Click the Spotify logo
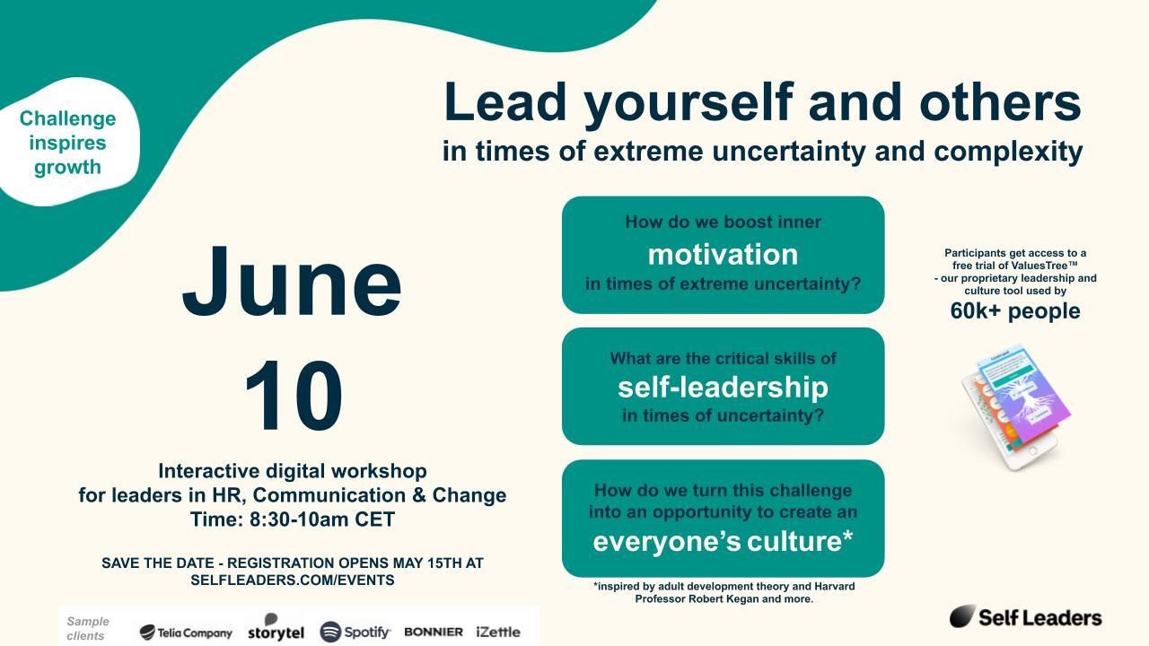(x=355, y=632)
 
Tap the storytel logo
(x=276, y=627)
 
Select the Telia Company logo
(x=186, y=633)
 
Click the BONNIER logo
(x=434, y=633)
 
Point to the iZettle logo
(x=498, y=633)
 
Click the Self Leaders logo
(x=1025, y=616)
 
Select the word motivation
(x=723, y=254)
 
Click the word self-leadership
(x=723, y=388)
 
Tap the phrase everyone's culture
(x=723, y=541)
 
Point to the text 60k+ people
(x=1015, y=311)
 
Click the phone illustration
(x=1013, y=407)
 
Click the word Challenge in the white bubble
(x=67, y=119)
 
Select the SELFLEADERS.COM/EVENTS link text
(x=293, y=580)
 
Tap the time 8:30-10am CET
(x=322, y=519)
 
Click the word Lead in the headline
(x=504, y=102)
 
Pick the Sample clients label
(x=88, y=629)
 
